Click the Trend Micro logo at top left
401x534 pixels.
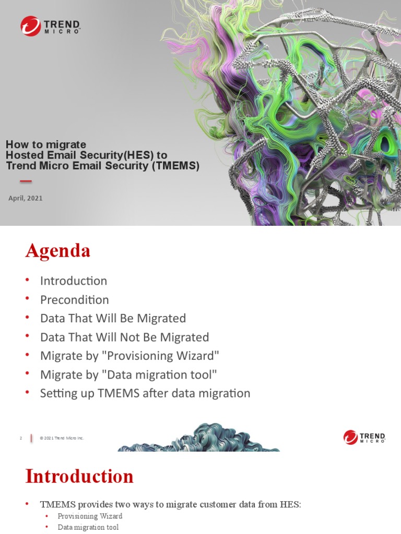click(50, 26)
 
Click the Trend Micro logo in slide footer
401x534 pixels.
click(364, 437)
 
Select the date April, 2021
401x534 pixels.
click(26, 198)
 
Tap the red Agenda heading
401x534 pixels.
click(58, 251)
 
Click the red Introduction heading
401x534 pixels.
click(79, 476)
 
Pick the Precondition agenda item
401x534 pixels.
click(74, 300)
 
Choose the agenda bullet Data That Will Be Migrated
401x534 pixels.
click(113, 318)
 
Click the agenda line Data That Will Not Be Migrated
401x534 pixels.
click(124, 337)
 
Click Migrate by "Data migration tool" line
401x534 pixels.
click(128, 374)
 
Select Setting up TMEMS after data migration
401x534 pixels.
click(145, 393)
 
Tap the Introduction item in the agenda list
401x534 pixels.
click(74, 281)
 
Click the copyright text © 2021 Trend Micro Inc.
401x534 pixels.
click(62, 438)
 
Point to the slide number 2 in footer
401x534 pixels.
click(21, 438)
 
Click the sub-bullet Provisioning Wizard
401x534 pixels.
click(90, 516)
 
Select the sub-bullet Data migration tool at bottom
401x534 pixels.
click(88, 527)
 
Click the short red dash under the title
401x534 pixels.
click(26, 181)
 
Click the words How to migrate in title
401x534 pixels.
click(46, 144)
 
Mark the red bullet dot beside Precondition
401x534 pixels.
click(28, 300)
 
